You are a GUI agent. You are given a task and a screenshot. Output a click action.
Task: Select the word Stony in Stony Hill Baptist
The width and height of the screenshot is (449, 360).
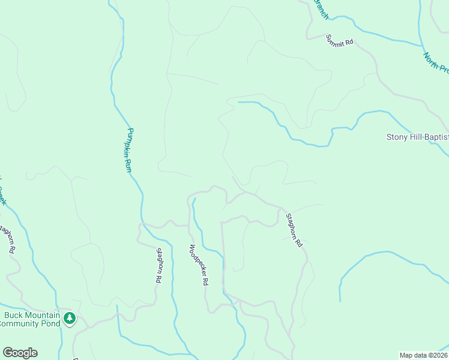pos(397,137)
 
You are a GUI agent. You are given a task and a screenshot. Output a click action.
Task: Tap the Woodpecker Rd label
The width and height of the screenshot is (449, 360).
pos(199,265)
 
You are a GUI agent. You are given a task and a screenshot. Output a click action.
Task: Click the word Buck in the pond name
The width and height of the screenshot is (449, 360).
pos(14,316)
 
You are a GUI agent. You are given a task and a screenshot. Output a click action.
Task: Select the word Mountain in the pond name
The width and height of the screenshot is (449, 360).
pos(42,316)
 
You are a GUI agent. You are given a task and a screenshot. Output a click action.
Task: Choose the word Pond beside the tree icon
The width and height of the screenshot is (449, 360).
pos(51,324)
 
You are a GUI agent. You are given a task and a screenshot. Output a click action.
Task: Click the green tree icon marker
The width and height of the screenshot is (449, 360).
pos(70,318)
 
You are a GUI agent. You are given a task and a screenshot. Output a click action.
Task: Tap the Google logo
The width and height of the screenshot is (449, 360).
pos(20,353)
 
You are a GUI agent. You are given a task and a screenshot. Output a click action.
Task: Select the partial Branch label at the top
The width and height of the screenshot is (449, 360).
pos(321,8)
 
